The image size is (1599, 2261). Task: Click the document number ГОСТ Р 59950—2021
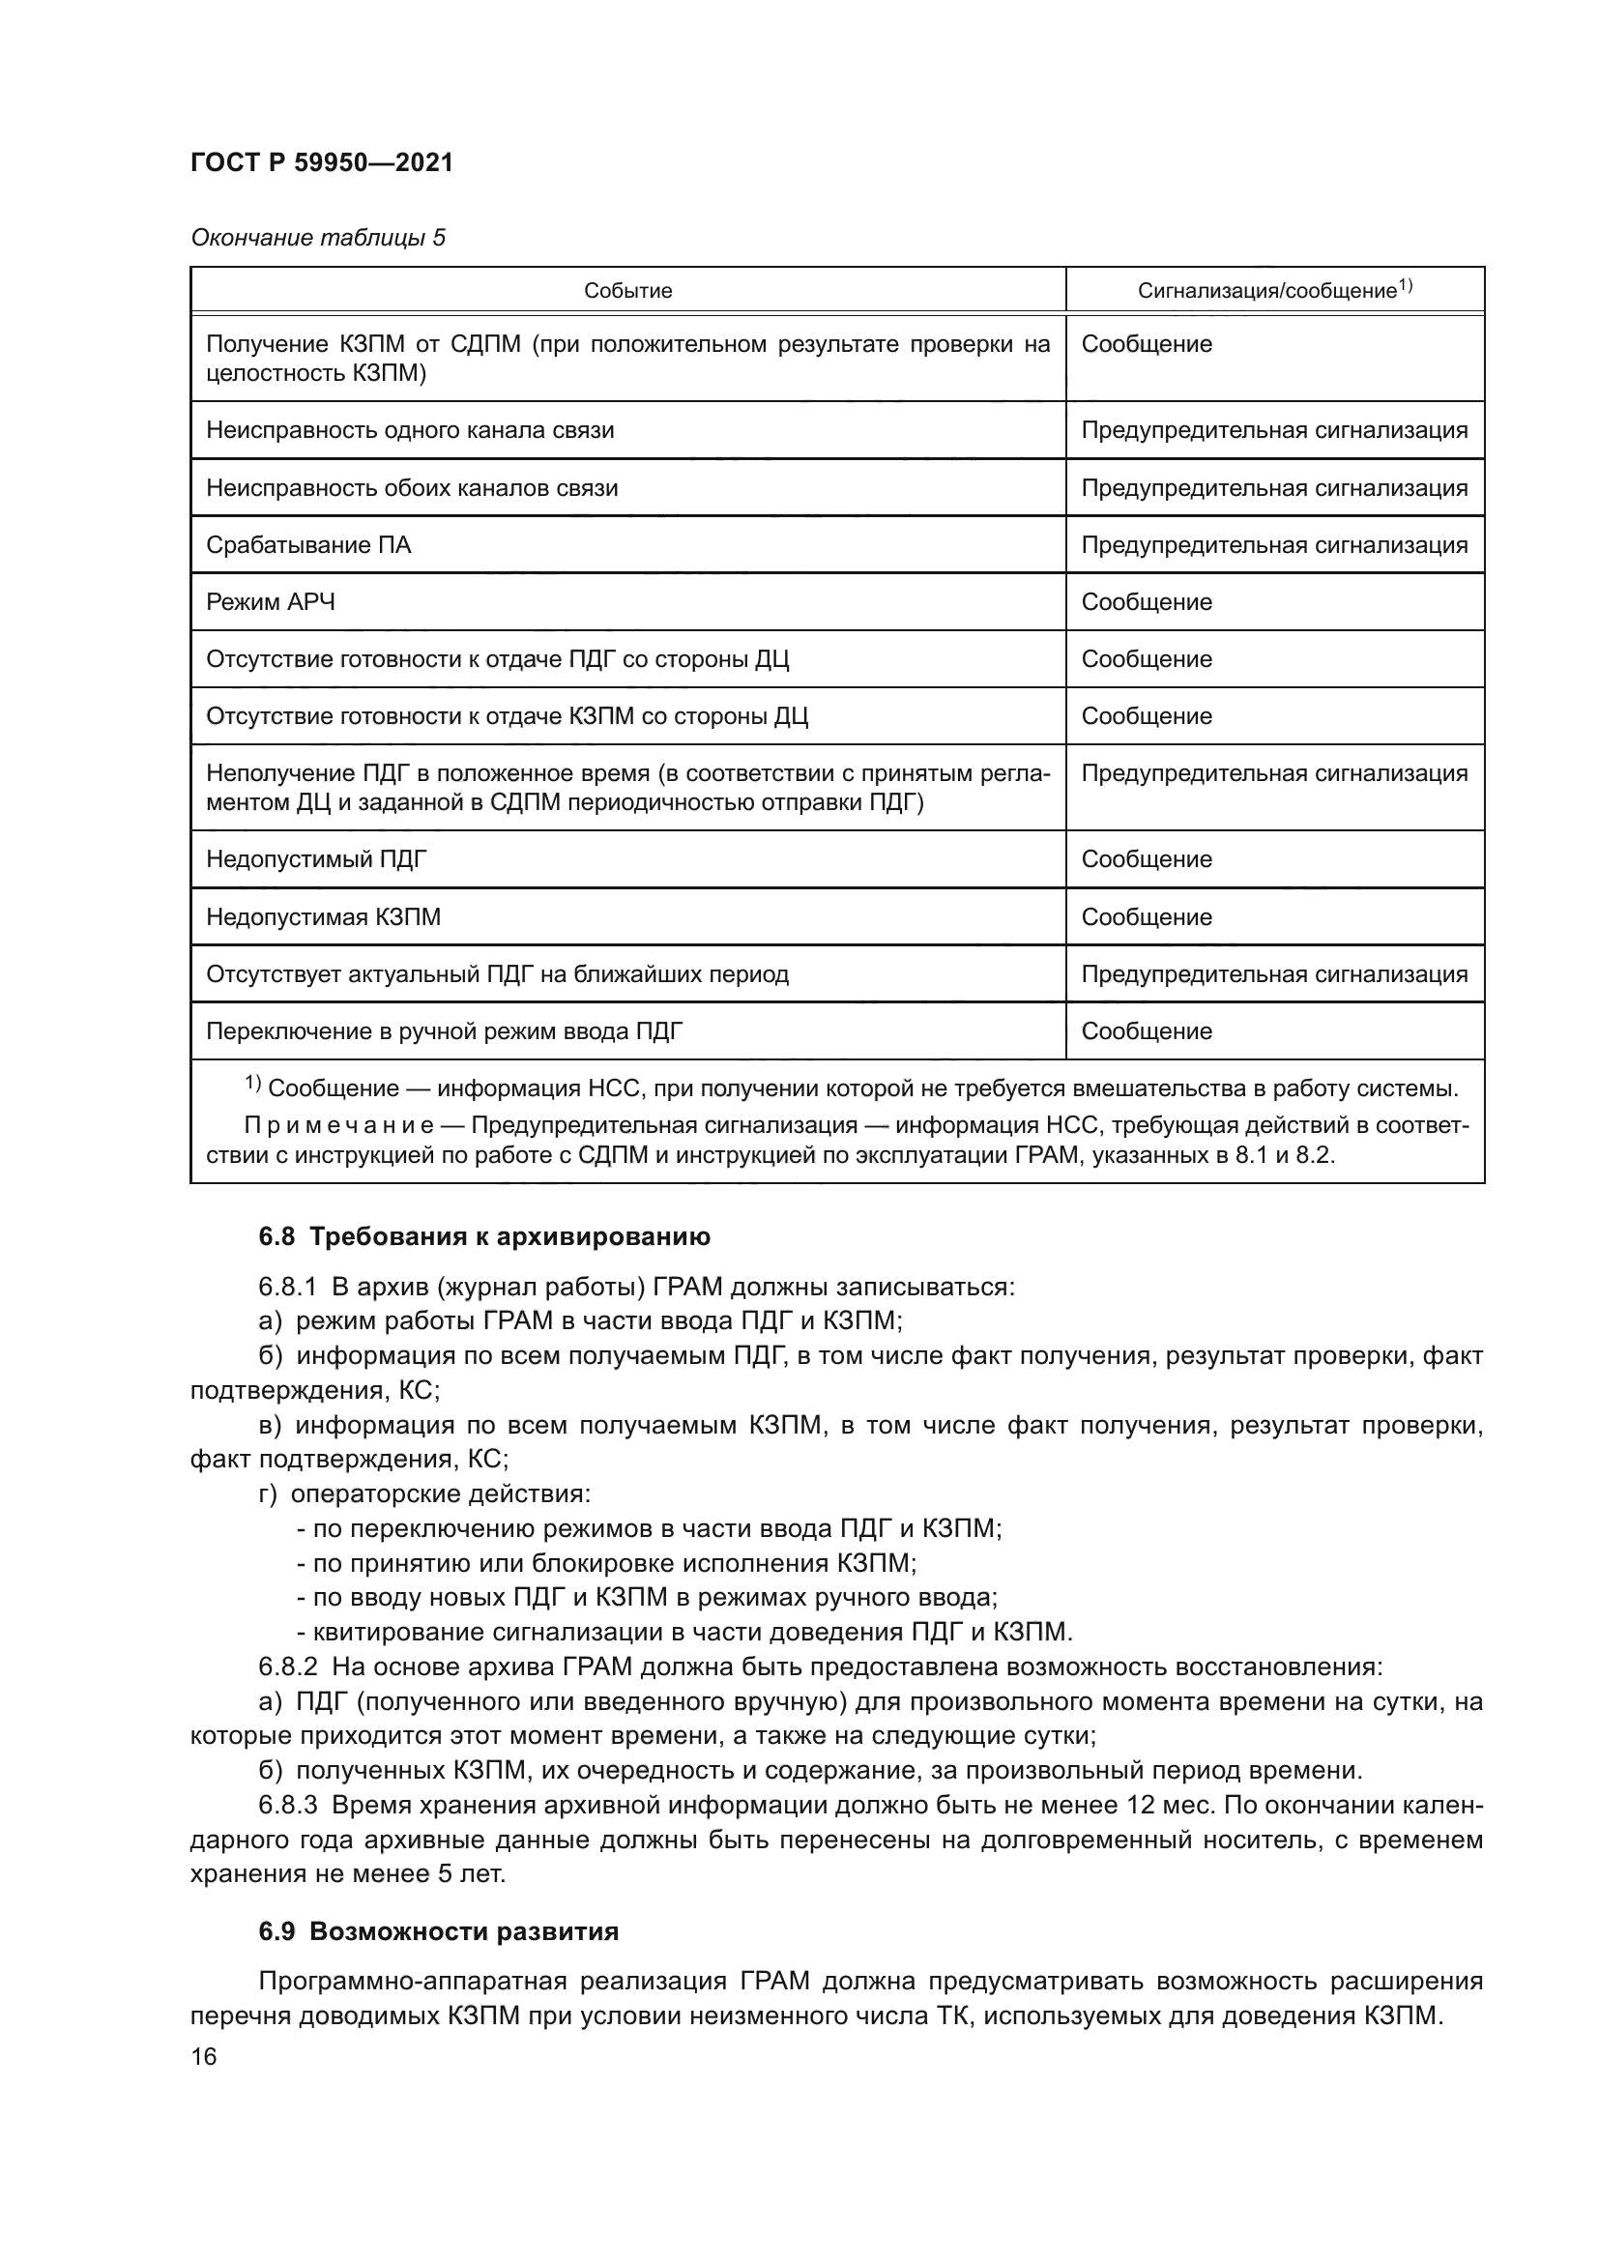tap(321, 162)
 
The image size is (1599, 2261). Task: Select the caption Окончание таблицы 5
tap(317, 239)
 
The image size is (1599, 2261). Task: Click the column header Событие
tap(627, 291)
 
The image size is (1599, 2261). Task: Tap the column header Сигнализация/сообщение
tap(1274, 291)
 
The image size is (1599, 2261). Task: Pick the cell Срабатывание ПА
tap(308, 545)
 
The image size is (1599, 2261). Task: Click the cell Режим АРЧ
tap(271, 602)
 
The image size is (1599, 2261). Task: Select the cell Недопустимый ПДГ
tap(317, 859)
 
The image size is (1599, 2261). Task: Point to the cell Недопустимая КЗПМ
tap(323, 917)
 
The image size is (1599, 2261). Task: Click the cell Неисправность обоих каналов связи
tap(412, 488)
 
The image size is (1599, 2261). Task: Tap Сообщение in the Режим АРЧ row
tap(1147, 602)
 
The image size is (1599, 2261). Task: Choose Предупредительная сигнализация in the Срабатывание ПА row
tap(1274, 545)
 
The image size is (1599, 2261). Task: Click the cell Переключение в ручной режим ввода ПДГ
tap(444, 1032)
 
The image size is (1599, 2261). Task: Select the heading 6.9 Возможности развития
tap(438, 1932)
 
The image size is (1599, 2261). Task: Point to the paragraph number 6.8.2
tap(287, 1667)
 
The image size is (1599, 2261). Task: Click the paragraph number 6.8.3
tap(287, 1805)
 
